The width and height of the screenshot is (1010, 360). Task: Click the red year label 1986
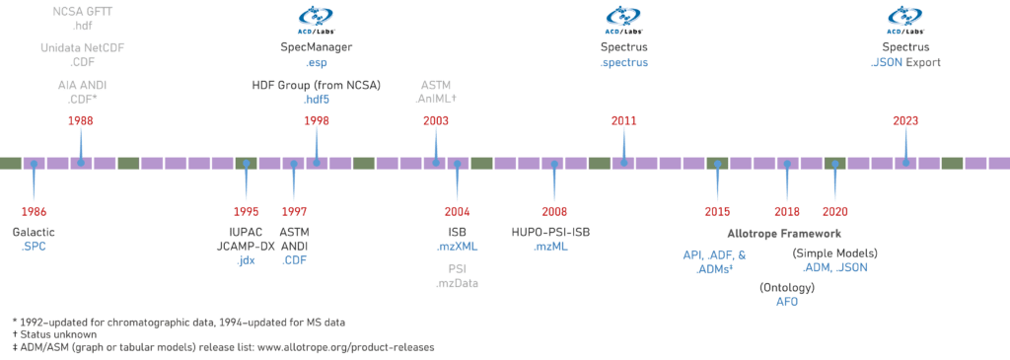click(x=34, y=211)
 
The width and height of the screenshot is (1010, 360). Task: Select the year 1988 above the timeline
click(x=81, y=119)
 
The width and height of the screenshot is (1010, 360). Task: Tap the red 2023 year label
click(x=905, y=119)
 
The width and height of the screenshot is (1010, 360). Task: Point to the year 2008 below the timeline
click(x=554, y=211)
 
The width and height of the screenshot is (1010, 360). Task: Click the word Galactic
click(x=34, y=231)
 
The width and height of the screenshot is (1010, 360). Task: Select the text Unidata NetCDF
click(x=82, y=47)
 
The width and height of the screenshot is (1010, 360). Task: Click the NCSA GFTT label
click(x=82, y=11)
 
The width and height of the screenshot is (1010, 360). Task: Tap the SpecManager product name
click(x=317, y=47)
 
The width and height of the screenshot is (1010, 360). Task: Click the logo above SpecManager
click(x=317, y=17)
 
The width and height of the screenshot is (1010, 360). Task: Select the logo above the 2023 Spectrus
click(x=905, y=17)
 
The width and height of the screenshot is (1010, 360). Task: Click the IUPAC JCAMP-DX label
click(x=246, y=238)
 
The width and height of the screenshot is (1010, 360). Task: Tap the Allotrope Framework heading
click(x=784, y=234)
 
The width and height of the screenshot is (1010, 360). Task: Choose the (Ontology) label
click(x=786, y=287)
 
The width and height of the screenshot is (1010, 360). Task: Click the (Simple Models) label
click(x=835, y=253)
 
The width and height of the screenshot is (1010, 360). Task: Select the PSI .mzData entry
click(x=457, y=275)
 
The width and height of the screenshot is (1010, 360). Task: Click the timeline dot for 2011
click(x=623, y=163)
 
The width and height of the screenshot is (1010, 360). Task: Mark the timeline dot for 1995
click(x=246, y=163)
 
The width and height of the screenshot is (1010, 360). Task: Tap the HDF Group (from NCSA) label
click(x=317, y=84)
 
